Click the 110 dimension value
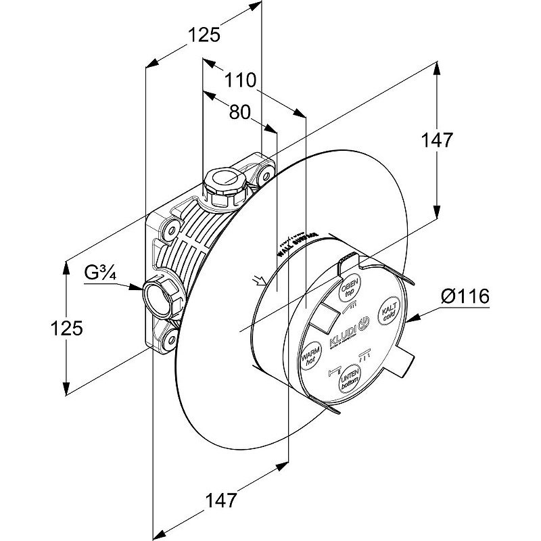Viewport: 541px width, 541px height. point(241,81)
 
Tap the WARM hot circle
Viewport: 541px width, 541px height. point(309,354)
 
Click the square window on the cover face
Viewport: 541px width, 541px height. point(327,316)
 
